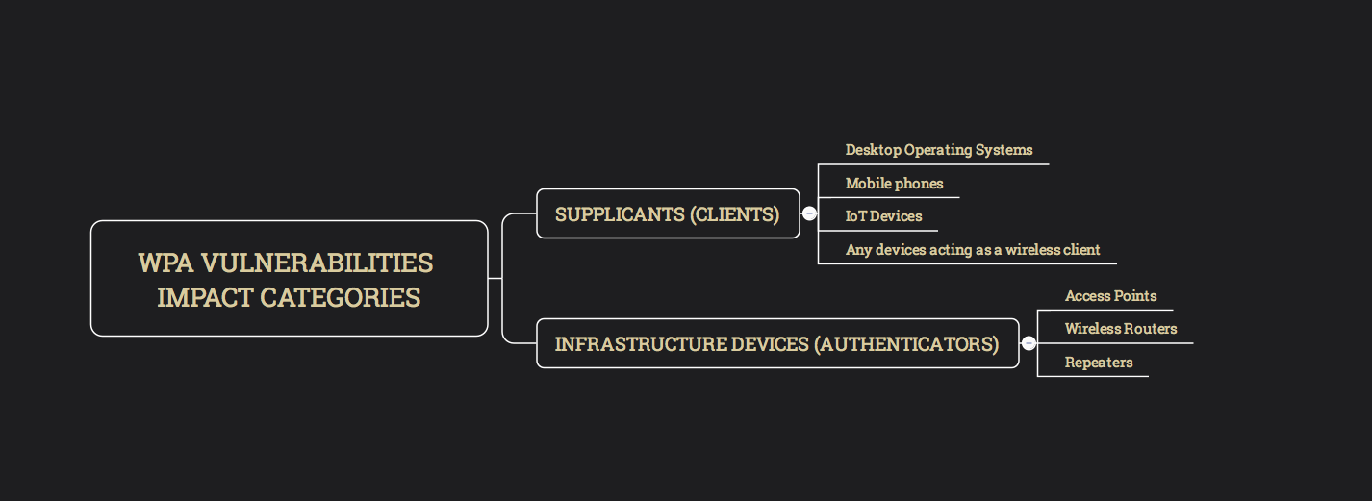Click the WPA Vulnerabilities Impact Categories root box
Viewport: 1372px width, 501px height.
(289, 279)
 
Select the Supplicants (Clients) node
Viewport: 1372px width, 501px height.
(668, 213)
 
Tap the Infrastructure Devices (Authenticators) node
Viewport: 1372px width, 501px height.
(776, 343)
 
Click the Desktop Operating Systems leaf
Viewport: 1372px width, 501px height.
(939, 150)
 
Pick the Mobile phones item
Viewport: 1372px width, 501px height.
(894, 183)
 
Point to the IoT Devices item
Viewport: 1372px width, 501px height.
(883, 216)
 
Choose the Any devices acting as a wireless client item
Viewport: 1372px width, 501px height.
(973, 249)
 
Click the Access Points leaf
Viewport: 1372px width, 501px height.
(1110, 296)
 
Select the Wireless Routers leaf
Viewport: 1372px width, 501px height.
(1121, 329)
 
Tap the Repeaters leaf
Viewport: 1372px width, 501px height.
(1099, 363)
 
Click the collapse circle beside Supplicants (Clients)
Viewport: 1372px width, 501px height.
(809, 213)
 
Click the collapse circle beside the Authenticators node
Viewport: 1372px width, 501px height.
(1029, 343)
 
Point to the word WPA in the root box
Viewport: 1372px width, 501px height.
(165, 263)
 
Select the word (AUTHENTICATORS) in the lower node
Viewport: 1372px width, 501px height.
(906, 343)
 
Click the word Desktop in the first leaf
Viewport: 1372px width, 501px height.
(873, 150)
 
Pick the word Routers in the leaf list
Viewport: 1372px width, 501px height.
(1151, 329)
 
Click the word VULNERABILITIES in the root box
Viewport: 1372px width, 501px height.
(317, 263)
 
